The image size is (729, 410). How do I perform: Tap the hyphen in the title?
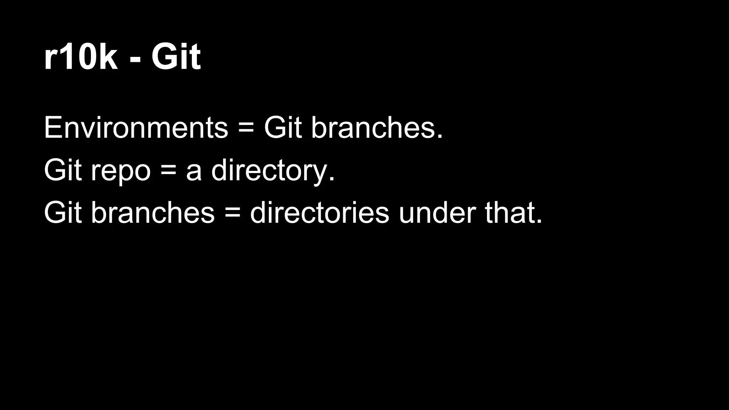[135, 59]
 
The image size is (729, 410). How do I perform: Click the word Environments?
[136, 127]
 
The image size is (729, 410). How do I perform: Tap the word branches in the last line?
[153, 212]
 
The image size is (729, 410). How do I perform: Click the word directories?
[319, 212]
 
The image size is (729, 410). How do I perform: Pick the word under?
[437, 212]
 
